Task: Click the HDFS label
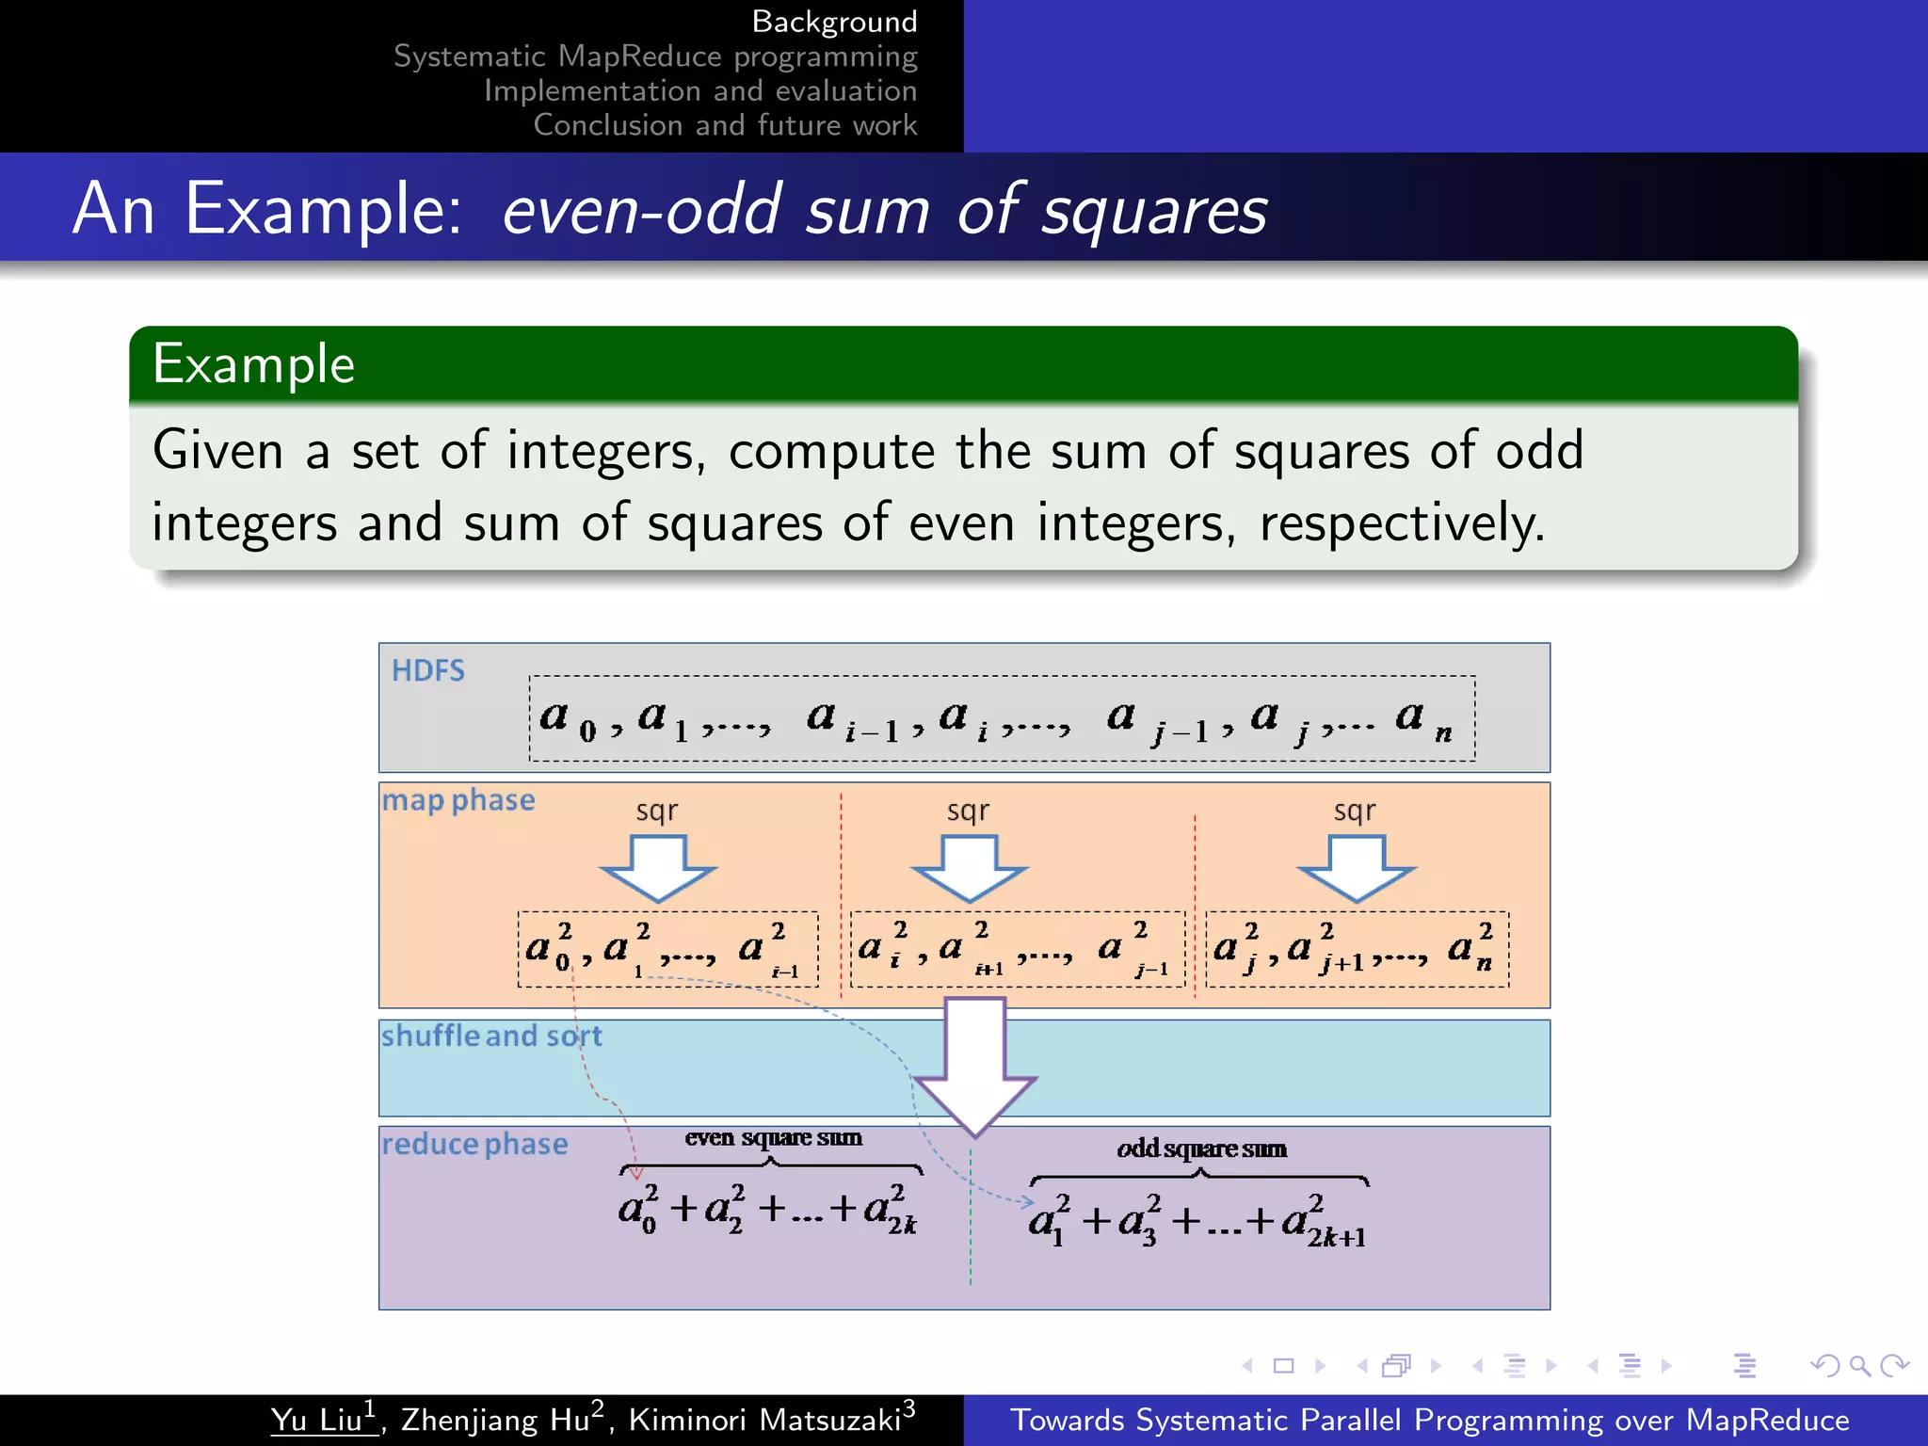tap(428, 670)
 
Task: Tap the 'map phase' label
tap(458, 800)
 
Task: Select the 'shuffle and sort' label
tap(490, 1036)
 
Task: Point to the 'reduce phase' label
tap(474, 1144)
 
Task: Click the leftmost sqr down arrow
tap(658, 867)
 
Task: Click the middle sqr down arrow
tap(969, 867)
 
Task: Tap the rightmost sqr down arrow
tap(1356, 867)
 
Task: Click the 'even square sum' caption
tap(773, 1137)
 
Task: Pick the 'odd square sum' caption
tap(1201, 1149)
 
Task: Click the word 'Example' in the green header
tap(254, 364)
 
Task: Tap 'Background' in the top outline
tap(834, 21)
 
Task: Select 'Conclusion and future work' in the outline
tap(725, 125)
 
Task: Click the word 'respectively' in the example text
tap(1401, 523)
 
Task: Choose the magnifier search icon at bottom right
tap(1859, 1365)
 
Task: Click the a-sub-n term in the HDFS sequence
tap(1421, 719)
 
